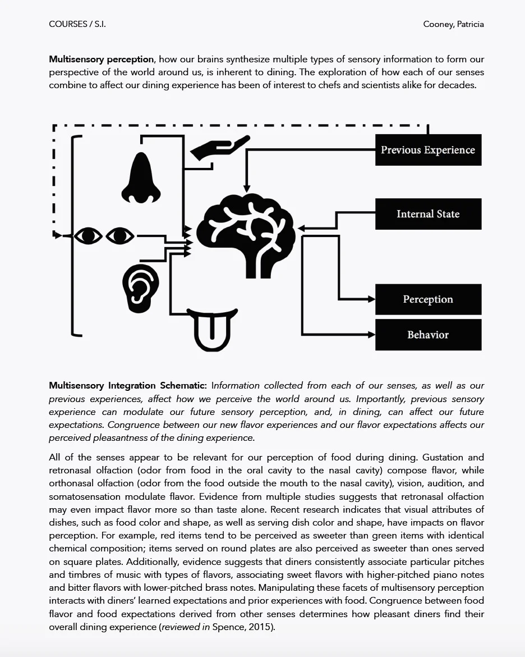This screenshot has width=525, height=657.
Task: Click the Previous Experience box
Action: (428, 150)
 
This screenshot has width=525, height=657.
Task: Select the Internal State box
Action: (428, 214)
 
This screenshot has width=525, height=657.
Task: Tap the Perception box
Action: (428, 299)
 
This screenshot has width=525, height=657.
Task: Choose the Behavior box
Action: (428, 335)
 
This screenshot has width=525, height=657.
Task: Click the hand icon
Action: (219, 147)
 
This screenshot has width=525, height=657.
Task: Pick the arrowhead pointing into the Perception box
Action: (371, 299)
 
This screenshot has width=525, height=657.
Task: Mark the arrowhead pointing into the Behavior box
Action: (371, 335)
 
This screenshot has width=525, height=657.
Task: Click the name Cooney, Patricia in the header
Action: (453, 24)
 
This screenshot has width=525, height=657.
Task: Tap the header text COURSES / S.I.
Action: (77, 24)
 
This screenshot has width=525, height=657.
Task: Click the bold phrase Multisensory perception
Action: (101, 59)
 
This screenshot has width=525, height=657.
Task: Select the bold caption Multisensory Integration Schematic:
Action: (128, 386)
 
